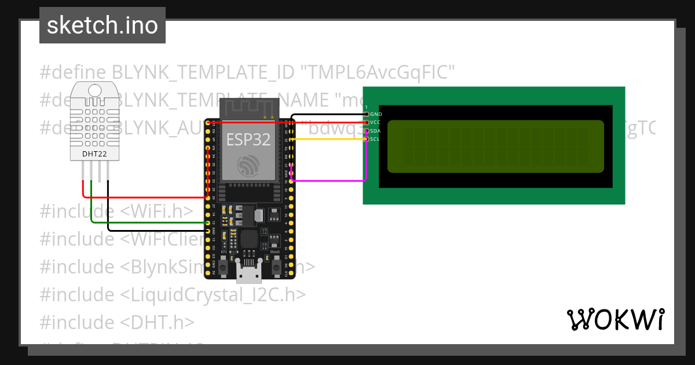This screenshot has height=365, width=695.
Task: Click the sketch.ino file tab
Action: pyautogui.click(x=102, y=25)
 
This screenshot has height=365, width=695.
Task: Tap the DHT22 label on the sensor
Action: pyautogui.click(x=94, y=154)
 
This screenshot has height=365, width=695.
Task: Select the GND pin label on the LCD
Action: pyautogui.click(x=376, y=115)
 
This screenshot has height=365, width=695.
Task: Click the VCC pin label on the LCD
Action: pyautogui.click(x=376, y=123)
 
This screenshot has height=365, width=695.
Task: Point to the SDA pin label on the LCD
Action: pyautogui.click(x=376, y=131)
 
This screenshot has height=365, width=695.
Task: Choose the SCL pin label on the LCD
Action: pyautogui.click(x=375, y=139)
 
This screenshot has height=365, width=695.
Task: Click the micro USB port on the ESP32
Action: pyautogui.click(x=250, y=273)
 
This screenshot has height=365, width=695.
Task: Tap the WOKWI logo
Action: pyautogui.click(x=615, y=319)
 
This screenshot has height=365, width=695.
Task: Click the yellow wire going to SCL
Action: pyautogui.click(x=330, y=140)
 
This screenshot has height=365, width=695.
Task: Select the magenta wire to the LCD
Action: pyautogui.click(x=330, y=181)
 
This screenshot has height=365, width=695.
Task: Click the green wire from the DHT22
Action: pyautogui.click(x=145, y=223)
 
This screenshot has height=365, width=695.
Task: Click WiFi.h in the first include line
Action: pyautogui.click(x=156, y=211)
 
